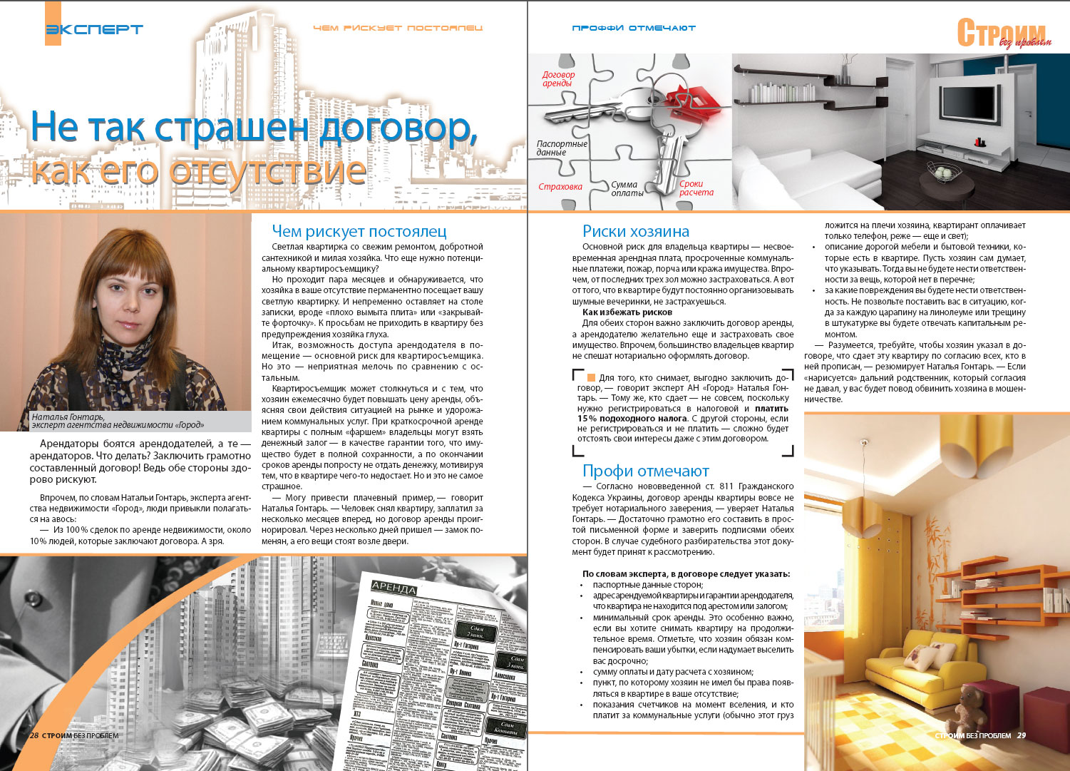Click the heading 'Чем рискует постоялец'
[x=359, y=232]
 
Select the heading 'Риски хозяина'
[x=636, y=231]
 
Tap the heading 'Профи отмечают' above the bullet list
[x=645, y=471]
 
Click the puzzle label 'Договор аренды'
[x=558, y=78]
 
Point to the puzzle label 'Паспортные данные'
[x=562, y=148]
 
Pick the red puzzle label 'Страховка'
[x=560, y=187]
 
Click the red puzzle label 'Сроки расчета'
[x=696, y=188]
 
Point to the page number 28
[x=34, y=735]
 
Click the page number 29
[x=1022, y=735]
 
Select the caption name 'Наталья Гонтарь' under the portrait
[x=68, y=417]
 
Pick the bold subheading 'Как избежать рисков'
[x=627, y=312]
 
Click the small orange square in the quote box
[x=591, y=377]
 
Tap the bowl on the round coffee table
[x=942, y=172]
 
